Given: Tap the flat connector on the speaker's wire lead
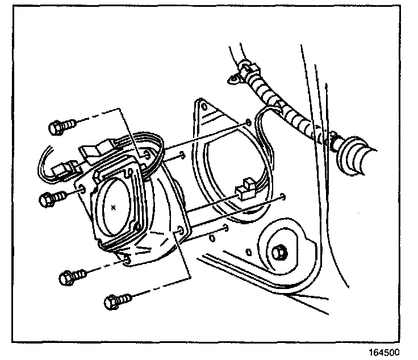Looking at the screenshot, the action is click(x=93, y=151).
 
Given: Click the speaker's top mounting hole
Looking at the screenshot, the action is click(x=147, y=154).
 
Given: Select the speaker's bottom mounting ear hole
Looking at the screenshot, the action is click(x=126, y=258).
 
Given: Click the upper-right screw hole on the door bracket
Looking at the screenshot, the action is click(x=248, y=122).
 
